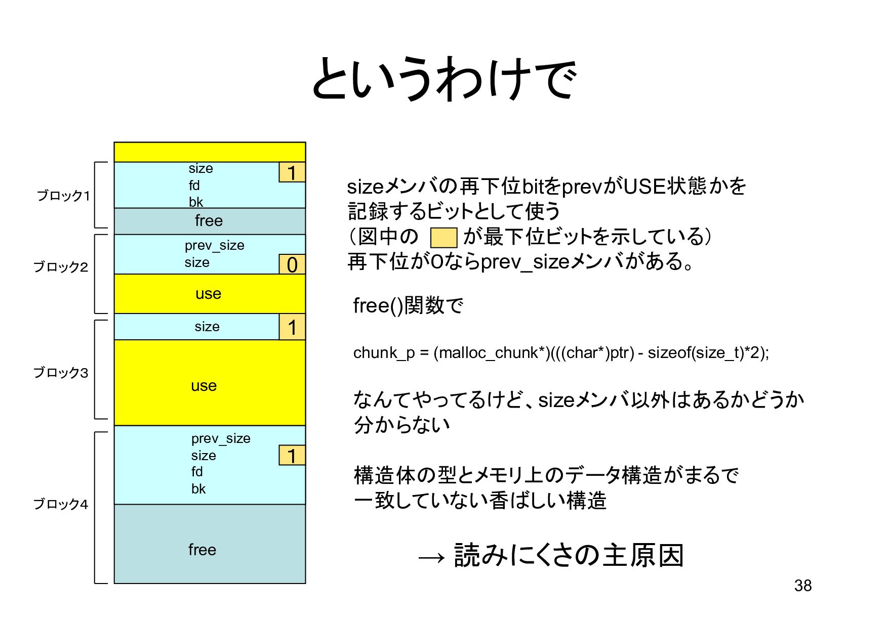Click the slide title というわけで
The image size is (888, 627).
[x=443, y=80]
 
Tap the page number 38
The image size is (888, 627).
[x=803, y=586]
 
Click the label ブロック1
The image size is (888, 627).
[x=63, y=195]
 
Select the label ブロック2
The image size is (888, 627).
[x=61, y=266]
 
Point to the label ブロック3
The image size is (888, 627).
[x=61, y=373]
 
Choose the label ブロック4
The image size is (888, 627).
[x=61, y=504]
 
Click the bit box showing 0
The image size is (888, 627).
[x=292, y=264]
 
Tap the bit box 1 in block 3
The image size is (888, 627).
[x=292, y=327]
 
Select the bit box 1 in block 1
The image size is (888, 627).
[x=292, y=172]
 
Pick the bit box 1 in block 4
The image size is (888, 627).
[x=292, y=455]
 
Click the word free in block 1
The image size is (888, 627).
[x=209, y=221]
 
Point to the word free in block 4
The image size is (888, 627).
[x=202, y=550]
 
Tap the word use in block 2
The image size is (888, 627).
[x=208, y=294]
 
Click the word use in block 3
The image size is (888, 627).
[x=204, y=386]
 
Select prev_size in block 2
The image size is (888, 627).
[x=214, y=245]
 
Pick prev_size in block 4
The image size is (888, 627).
[x=221, y=438]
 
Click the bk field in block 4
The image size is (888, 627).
[x=198, y=489]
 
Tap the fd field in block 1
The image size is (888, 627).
[x=194, y=186]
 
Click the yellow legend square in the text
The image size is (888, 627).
[x=443, y=238]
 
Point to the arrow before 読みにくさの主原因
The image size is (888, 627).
[x=431, y=557]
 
